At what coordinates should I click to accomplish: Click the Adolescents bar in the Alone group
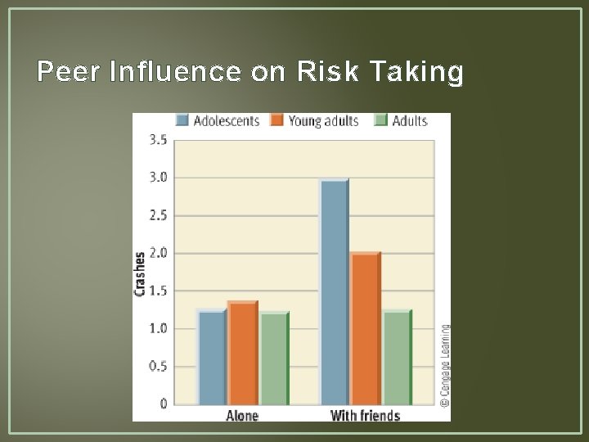tap(212, 358)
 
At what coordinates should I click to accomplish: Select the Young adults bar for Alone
tap(243, 354)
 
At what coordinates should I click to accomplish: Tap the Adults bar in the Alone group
tap(274, 359)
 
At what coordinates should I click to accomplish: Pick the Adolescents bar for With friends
tap(335, 292)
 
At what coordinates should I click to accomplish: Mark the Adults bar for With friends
tap(397, 358)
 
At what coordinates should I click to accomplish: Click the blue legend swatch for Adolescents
tap(182, 120)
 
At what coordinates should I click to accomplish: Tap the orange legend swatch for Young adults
tap(277, 120)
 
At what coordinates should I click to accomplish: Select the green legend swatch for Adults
tap(380, 120)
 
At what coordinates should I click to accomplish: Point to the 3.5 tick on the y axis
tap(158, 140)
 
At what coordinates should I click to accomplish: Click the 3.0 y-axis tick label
tap(158, 178)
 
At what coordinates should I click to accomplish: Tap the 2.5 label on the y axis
tap(158, 215)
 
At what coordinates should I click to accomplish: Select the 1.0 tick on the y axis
tap(158, 328)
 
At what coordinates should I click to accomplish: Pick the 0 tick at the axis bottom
tap(164, 404)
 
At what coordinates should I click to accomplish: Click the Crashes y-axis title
tap(140, 273)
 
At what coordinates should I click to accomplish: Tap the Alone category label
tap(242, 416)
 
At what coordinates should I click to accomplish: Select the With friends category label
tap(365, 416)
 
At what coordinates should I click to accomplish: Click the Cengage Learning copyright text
tap(444, 365)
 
